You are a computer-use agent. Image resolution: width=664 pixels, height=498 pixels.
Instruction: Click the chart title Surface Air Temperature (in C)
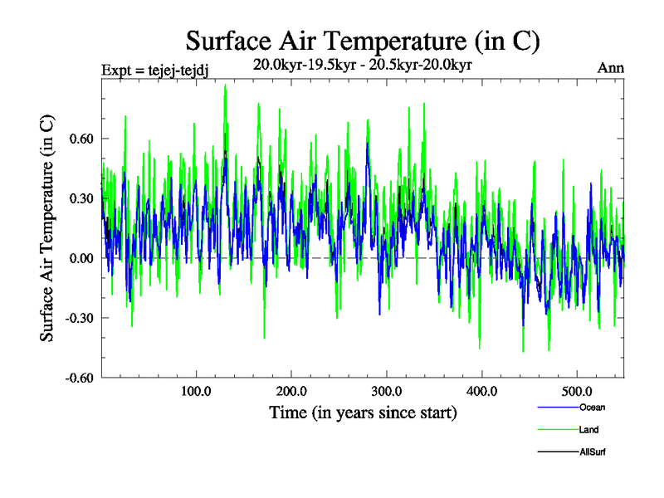363,41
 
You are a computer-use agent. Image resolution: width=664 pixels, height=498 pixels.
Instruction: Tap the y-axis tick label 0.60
81,139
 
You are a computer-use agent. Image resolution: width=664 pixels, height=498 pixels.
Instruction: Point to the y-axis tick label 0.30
81,198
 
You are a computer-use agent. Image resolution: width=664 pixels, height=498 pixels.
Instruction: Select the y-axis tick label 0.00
81,258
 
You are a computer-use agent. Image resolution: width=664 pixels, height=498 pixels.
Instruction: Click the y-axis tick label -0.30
80,318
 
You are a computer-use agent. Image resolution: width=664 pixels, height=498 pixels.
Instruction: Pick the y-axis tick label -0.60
80,378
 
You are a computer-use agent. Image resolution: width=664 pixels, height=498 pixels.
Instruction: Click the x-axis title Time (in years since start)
364,412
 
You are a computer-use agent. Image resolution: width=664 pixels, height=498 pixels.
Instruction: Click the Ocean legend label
592,408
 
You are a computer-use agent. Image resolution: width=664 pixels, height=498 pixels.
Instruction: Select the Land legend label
588,430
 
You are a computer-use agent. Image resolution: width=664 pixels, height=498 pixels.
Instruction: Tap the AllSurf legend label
593,452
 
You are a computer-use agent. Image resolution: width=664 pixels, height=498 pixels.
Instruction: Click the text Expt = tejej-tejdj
154,70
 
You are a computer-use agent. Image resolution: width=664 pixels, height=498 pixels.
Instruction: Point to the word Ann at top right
611,68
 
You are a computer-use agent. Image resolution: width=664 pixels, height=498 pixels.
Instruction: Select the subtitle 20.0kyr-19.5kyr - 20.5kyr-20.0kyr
363,65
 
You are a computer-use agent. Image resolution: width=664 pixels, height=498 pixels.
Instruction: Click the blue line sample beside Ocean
557,408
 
